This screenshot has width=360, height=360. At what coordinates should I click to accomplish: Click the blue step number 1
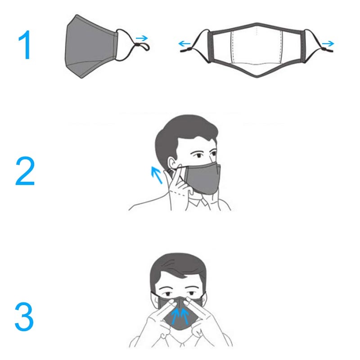pos(26,45)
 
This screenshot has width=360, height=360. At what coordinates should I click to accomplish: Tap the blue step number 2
pos(25,171)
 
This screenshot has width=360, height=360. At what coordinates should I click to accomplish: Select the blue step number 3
pos(24,317)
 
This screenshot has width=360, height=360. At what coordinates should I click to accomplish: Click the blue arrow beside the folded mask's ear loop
pos(142,38)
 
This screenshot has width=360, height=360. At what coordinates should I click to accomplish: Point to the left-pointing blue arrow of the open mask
pos(184,43)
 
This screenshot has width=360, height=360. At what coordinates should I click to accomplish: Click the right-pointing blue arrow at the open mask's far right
pos(328,43)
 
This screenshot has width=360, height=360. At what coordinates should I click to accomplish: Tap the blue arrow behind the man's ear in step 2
pos(157,175)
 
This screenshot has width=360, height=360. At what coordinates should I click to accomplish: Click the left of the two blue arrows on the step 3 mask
pos(175,316)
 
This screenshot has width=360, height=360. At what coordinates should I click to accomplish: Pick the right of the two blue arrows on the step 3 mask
pos(184,316)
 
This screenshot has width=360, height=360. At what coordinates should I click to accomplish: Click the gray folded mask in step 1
pos(91,47)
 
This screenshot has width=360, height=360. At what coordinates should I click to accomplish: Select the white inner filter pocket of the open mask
pos(256,47)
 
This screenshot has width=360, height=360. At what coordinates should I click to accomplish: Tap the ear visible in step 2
pos(172,163)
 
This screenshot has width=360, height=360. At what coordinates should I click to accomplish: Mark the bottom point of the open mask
pos(256,77)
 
